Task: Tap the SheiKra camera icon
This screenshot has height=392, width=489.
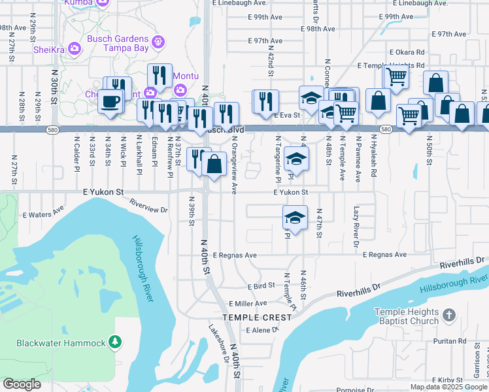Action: pyautogui.click(x=74, y=48)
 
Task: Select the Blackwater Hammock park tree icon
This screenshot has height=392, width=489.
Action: pyautogui.click(x=115, y=342)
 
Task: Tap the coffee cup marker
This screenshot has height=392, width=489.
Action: pyautogui.click(x=110, y=101)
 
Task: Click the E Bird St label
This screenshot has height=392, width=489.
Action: pyautogui.click(x=261, y=286)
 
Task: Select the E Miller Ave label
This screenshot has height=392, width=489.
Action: pyautogui.click(x=248, y=304)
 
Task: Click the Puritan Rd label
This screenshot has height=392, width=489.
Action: pyautogui.click(x=444, y=341)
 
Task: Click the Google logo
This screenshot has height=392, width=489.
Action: pyautogui.click(x=22, y=384)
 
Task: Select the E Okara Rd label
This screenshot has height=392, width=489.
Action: pyautogui.click(x=407, y=52)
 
